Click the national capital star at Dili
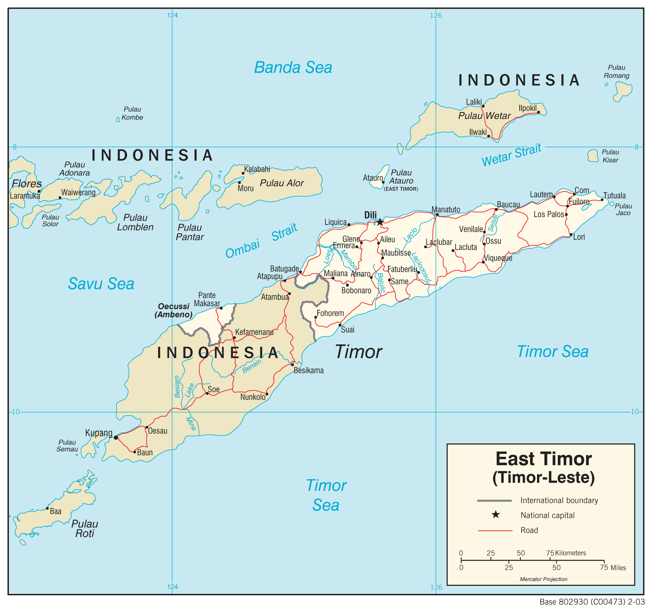tap(380, 222)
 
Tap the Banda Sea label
tap(293, 67)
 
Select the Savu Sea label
tap(101, 283)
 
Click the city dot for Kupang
tap(116, 437)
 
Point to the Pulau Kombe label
tap(132, 113)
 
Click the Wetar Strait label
tap(511, 155)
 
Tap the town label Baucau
tap(508, 205)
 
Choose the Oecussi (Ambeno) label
tap(173, 311)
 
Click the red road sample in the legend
tap(495, 530)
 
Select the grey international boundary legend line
tap(494, 500)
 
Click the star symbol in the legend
tap(496, 514)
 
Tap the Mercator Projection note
tap(543, 579)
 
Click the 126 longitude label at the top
tap(436, 15)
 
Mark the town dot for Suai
tap(340, 325)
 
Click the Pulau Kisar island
tap(593, 156)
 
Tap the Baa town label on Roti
tap(55, 511)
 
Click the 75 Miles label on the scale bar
tap(613, 568)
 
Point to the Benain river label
tap(252, 366)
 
